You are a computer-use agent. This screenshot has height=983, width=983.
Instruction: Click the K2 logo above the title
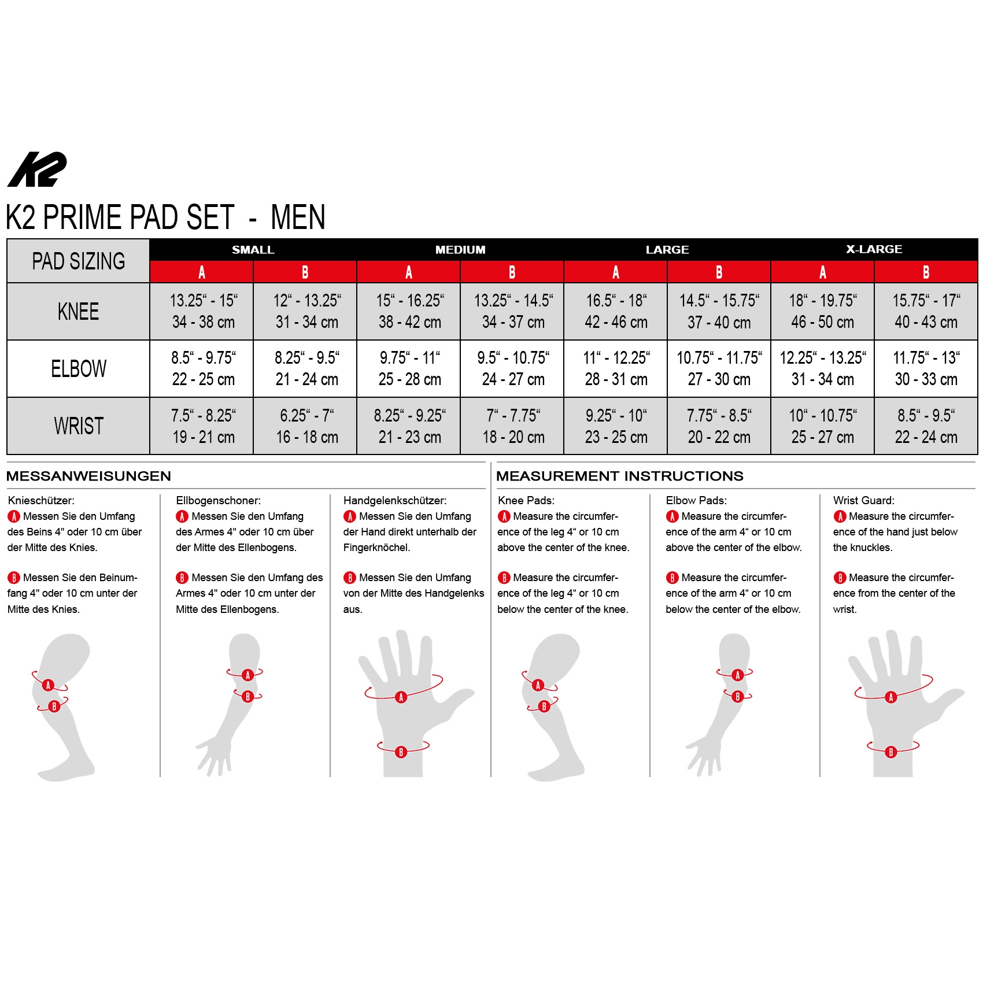coord(37,169)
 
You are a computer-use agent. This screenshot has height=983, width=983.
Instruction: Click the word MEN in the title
coord(298,217)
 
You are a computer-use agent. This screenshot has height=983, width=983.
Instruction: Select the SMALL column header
coord(253,250)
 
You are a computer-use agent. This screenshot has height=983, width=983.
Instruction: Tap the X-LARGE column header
coord(874,249)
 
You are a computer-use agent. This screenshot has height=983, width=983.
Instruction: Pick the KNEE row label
coord(78,312)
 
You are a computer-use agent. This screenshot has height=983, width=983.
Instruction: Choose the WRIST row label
coord(79,426)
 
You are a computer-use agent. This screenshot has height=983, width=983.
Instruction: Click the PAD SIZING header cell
coord(79,261)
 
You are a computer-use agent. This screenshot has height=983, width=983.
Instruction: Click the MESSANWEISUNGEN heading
coord(89,476)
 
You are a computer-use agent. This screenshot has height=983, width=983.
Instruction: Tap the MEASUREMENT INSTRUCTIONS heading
coord(620,476)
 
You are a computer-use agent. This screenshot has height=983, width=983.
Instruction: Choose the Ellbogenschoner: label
coord(219,501)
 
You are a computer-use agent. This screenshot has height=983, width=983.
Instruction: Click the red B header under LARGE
coord(719,272)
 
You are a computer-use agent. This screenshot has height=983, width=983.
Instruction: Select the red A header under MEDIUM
coord(409,272)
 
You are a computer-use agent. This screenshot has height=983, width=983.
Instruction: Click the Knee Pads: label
coord(526,500)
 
